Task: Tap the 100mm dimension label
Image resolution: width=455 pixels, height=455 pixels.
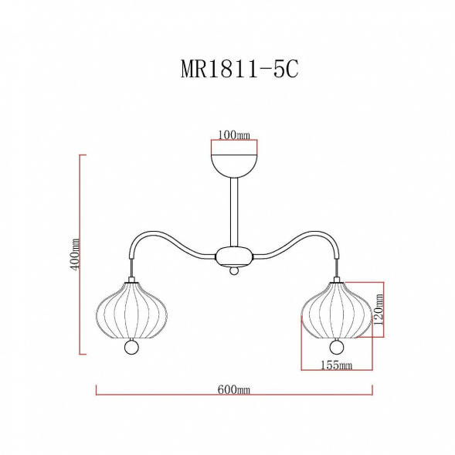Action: pos(234,134)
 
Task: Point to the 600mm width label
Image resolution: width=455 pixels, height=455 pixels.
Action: pos(235,392)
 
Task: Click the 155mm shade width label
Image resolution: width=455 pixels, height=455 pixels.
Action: pos(336,365)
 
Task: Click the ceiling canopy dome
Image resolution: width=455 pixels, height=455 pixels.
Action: pos(234,164)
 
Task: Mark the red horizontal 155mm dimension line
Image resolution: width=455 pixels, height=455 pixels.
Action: pos(337,372)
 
